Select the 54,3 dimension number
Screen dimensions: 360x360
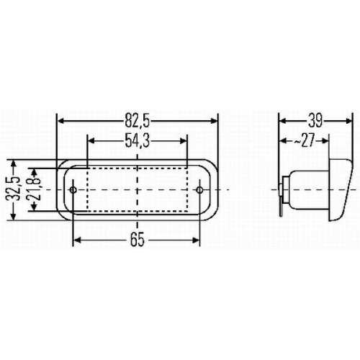[x=137, y=141]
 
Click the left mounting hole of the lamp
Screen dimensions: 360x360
[x=72, y=190]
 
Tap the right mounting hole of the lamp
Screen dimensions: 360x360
[x=200, y=190]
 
